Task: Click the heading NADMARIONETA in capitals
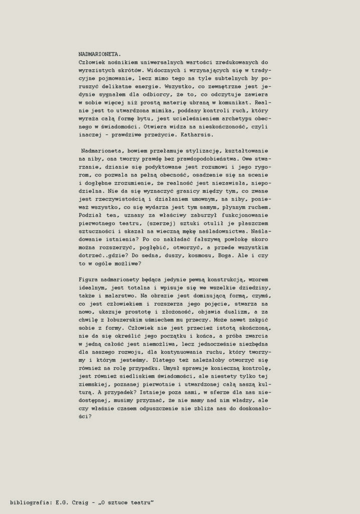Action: [x=99, y=53]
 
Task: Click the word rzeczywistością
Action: [x=121, y=199]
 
